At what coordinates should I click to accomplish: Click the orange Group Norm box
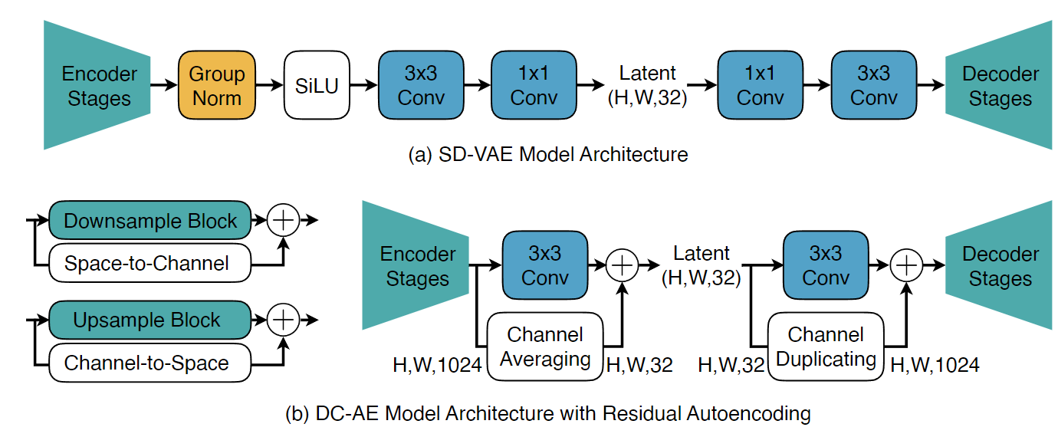pyautogui.click(x=217, y=86)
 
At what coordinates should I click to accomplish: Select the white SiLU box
pyautogui.click(x=316, y=86)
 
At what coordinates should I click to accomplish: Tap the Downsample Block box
pyautogui.click(x=150, y=222)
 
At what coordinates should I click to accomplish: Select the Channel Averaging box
pyautogui.click(x=545, y=347)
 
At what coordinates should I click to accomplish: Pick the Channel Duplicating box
pyautogui.click(x=825, y=347)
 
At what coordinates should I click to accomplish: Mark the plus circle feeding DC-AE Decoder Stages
pyautogui.click(x=907, y=265)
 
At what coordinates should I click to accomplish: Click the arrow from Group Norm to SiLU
pyautogui.click(x=269, y=86)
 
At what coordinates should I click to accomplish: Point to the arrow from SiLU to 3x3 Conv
pyautogui.click(x=363, y=86)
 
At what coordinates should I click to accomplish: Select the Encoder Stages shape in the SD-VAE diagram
pyautogui.click(x=99, y=86)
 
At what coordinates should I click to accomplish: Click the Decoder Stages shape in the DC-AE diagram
pyautogui.click(x=999, y=265)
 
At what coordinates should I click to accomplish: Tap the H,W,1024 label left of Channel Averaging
pyautogui.click(x=436, y=366)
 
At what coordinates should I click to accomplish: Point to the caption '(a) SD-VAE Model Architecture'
pyautogui.click(x=550, y=155)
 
